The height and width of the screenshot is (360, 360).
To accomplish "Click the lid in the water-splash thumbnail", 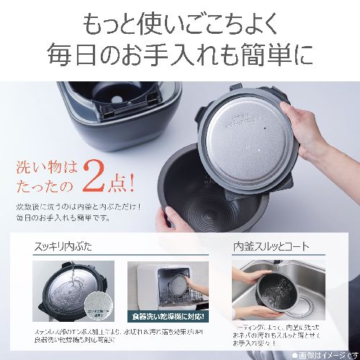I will (x=68, y=292).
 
